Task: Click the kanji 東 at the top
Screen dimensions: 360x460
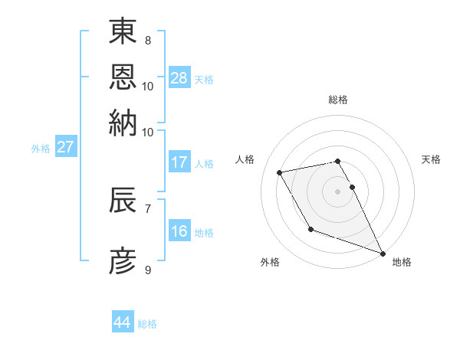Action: [123, 33]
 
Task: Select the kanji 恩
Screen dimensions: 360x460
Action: [123, 77]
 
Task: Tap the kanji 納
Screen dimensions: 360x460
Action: [123, 123]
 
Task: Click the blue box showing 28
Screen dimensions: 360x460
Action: [179, 78]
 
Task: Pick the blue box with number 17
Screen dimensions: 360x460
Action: [179, 162]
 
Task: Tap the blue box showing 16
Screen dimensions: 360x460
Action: [179, 231]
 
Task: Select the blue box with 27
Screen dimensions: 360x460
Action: [65, 147]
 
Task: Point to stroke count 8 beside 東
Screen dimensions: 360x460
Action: [147, 40]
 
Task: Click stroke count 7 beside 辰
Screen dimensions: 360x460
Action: [147, 208]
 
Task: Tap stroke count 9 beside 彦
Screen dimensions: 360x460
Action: [147, 270]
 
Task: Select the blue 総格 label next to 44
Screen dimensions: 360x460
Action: [147, 324]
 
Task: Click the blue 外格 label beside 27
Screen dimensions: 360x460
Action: [41, 149]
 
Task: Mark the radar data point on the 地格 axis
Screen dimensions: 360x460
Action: [383, 254]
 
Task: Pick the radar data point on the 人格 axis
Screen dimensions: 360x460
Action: [280, 172]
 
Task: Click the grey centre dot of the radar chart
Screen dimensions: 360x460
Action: [337, 191]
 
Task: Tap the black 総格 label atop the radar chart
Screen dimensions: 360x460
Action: [338, 100]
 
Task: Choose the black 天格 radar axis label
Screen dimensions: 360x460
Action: [432, 159]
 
